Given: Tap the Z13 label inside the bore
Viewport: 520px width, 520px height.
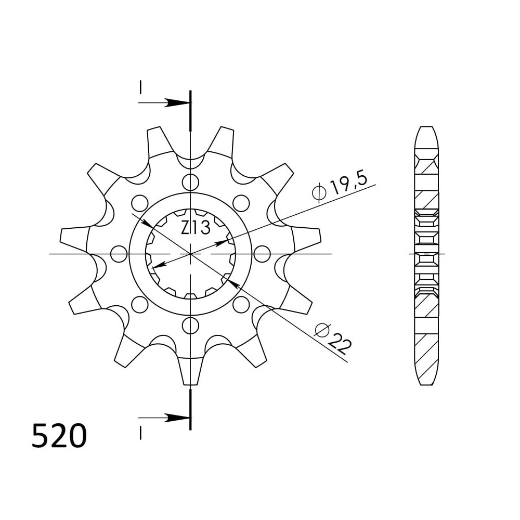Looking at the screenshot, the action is (196, 228).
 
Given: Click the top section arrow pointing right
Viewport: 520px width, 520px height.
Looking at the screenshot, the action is (164, 102).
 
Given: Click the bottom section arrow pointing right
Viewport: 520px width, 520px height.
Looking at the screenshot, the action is (164, 418).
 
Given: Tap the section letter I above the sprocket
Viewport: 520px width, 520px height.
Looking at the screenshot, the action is (140, 87).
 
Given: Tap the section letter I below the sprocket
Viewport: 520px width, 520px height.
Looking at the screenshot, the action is (140, 433).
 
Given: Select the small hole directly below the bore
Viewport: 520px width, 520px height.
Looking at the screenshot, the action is (191, 326).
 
